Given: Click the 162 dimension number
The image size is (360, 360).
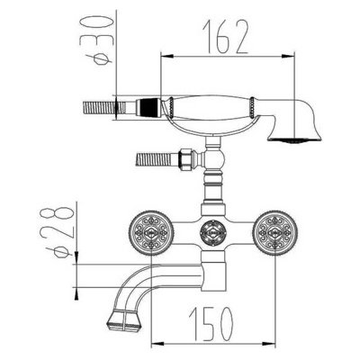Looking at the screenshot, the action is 226,37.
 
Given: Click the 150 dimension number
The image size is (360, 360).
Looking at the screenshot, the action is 211,323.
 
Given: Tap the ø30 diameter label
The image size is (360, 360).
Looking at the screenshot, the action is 96,40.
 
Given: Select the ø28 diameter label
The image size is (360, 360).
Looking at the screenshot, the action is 56,231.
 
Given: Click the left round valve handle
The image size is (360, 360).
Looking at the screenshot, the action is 151,233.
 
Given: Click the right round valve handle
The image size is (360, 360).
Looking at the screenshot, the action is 275,233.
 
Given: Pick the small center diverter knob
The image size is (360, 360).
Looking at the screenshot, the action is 212,233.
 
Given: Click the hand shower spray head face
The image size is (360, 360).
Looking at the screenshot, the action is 294,139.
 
